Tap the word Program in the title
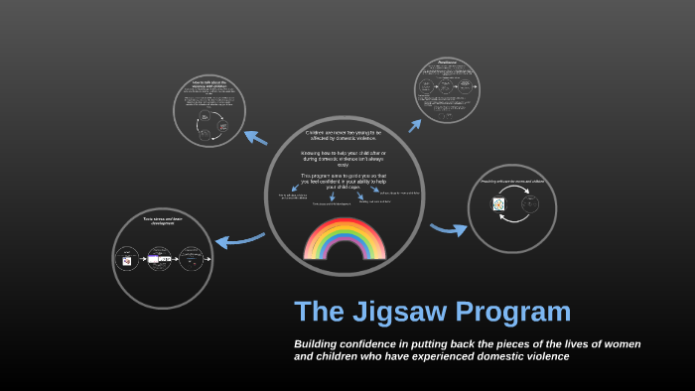(519, 313)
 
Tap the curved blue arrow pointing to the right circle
(449, 230)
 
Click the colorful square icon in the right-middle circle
(498, 204)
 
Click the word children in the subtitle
(336, 356)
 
